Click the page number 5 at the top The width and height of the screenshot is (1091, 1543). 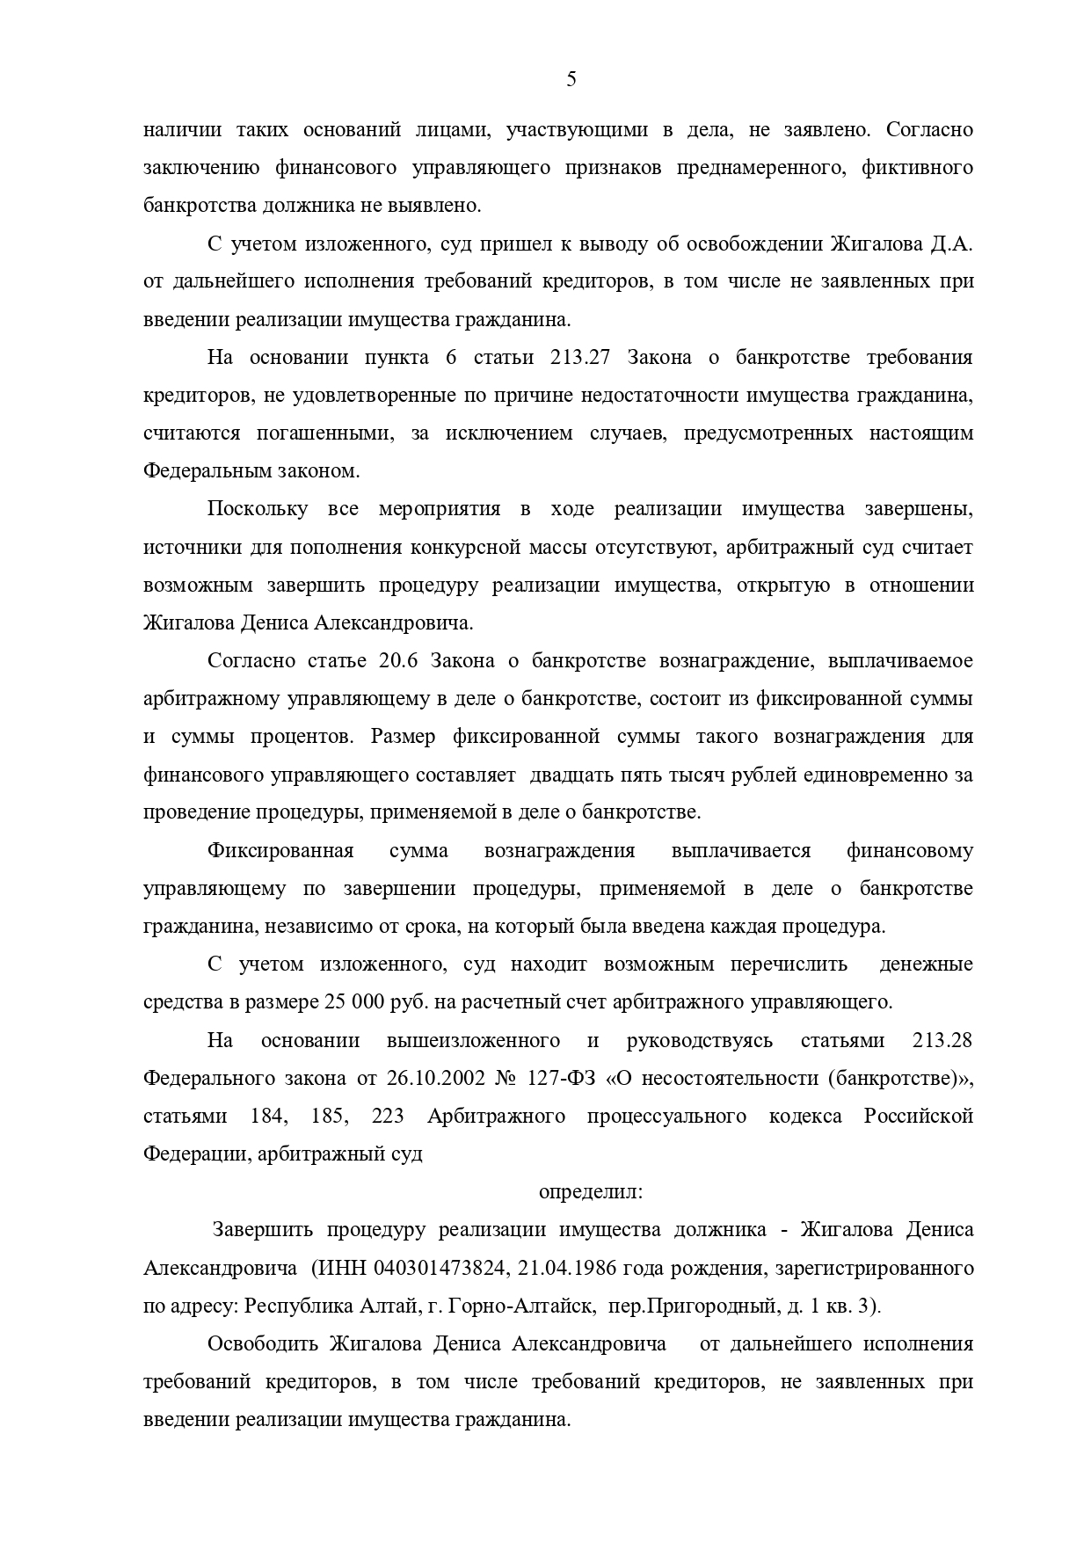[x=571, y=80]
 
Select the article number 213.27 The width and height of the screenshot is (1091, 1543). [x=586, y=358]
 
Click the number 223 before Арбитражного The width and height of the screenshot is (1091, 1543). [x=387, y=1117]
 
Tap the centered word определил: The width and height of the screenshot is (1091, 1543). [x=590, y=1192]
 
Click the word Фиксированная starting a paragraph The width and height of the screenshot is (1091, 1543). [x=280, y=851]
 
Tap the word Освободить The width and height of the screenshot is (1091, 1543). [x=263, y=1344]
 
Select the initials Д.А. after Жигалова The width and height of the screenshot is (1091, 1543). [x=951, y=244]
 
